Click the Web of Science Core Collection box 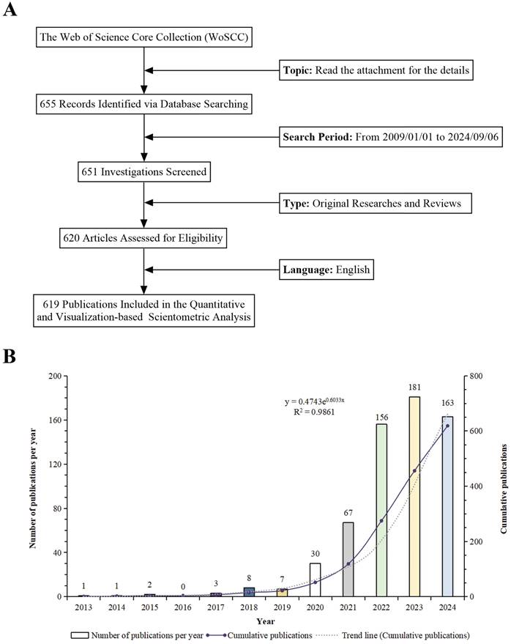click(x=143, y=36)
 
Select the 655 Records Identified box click(x=143, y=105)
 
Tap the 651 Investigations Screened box click(x=143, y=173)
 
